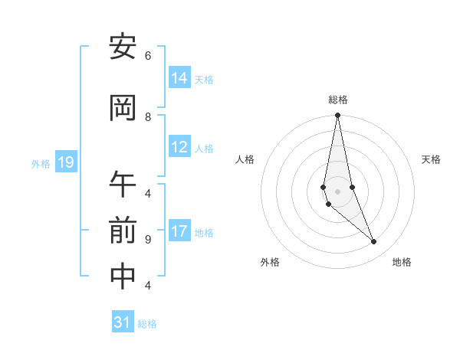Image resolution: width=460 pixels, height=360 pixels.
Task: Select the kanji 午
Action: click(123, 185)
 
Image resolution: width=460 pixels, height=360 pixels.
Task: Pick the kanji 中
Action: click(123, 277)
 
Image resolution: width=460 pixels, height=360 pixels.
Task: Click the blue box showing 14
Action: click(179, 77)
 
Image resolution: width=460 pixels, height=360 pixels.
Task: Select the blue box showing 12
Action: click(179, 147)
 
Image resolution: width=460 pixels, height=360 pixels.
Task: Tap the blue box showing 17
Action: click(179, 231)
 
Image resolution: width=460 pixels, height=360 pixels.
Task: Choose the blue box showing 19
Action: click(66, 162)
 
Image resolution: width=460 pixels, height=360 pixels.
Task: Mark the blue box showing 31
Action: click(123, 322)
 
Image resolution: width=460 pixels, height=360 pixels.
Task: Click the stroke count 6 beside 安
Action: click(148, 56)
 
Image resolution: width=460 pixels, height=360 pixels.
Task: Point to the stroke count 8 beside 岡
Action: click(148, 116)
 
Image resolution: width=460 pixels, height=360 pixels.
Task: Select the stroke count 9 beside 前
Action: click(148, 239)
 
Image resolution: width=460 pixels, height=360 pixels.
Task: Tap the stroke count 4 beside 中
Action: click(148, 285)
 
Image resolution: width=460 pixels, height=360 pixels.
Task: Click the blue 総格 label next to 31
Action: click(147, 324)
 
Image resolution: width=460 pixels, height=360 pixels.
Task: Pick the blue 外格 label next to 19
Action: click(41, 163)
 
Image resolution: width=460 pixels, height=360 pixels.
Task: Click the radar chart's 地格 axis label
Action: click(402, 262)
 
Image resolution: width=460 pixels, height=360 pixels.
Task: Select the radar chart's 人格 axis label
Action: click(245, 159)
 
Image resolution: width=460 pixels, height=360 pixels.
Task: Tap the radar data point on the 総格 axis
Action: click(337, 116)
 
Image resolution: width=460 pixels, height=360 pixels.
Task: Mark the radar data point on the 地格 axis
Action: click(374, 242)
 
